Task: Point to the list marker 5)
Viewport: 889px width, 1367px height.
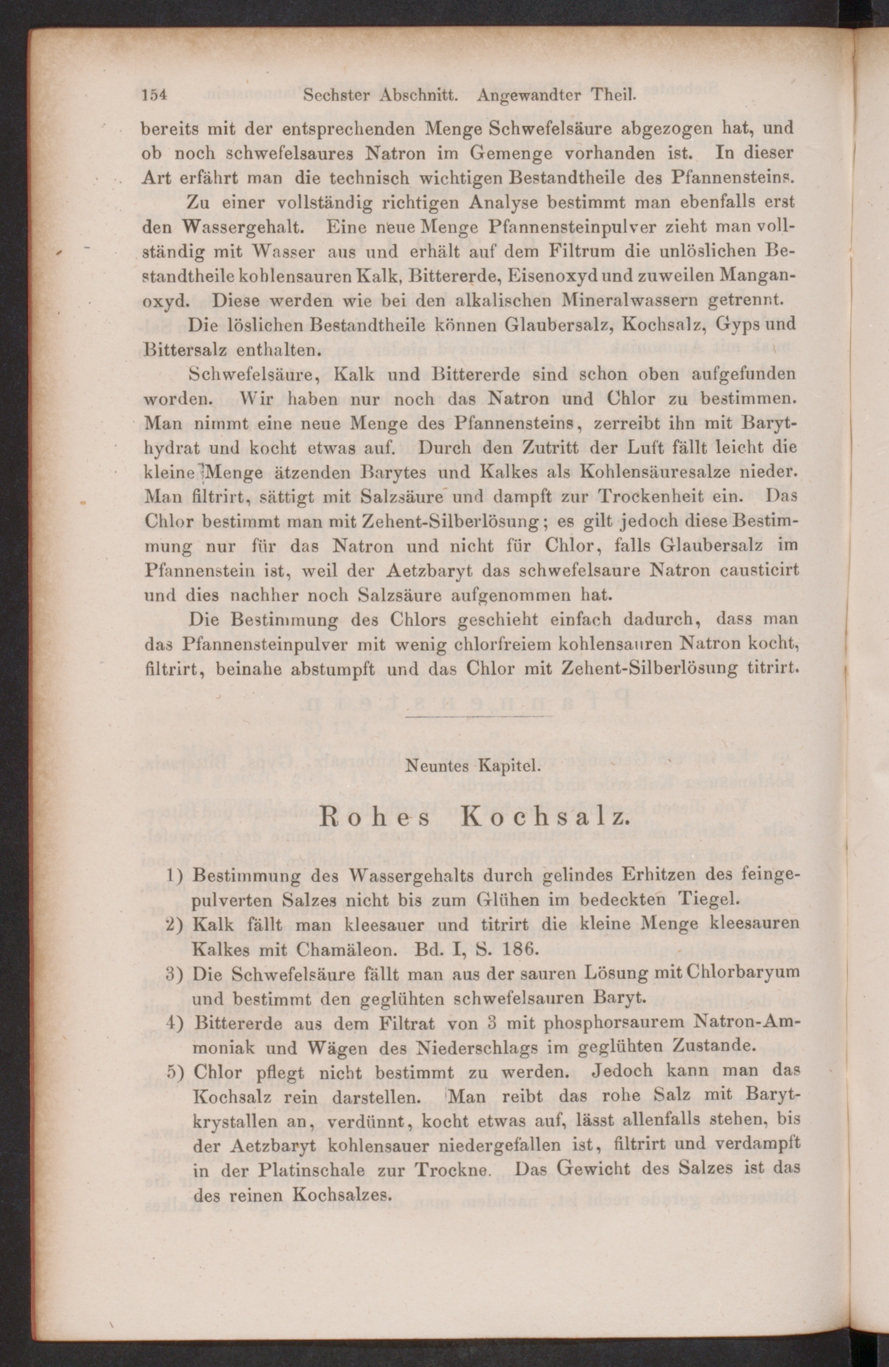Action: pos(174,1072)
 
